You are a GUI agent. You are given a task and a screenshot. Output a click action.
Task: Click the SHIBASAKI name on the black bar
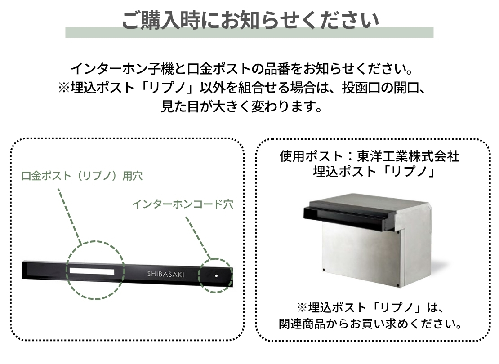tap(165, 274)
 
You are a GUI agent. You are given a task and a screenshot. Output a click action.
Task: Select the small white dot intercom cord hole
tap(216, 276)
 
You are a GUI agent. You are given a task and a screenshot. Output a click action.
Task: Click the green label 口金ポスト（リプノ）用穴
tap(82, 176)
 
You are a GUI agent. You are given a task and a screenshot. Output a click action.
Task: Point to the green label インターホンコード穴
tap(183, 204)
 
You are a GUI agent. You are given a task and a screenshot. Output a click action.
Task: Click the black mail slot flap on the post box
tap(347, 216)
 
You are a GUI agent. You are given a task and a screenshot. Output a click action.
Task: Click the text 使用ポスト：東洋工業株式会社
tap(370, 156)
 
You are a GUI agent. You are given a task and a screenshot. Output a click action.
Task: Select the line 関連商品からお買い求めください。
tap(370, 324)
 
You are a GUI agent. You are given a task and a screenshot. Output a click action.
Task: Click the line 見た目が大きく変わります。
tap(242, 106)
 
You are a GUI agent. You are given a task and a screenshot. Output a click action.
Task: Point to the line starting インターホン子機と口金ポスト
tap(242, 69)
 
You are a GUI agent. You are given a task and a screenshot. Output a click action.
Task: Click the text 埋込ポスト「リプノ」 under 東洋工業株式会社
tap(374, 172)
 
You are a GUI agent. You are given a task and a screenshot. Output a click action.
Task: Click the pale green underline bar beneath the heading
tap(249, 32)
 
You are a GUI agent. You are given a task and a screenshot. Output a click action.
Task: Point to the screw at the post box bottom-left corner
tap(324, 270)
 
